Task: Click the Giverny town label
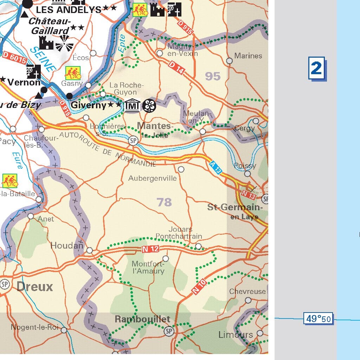coord(88,105)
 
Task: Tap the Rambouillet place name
coord(142,319)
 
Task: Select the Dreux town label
coord(35,287)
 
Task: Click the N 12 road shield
coord(151,249)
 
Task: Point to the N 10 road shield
coord(199,287)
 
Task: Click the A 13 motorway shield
coord(216,168)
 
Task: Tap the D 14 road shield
coord(176,67)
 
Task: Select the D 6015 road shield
coord(15,58)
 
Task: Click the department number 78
coord(164,202)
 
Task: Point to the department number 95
coord(213,76)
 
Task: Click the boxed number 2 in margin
coord(316,68)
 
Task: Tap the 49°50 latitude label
coord(319,319)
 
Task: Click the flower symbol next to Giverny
coord(149,105)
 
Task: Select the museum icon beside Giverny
coord(133,105)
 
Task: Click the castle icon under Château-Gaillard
coord(46,44)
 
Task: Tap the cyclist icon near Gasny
coord(73,73)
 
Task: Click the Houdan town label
coord(67,245)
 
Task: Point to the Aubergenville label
coord(152,178)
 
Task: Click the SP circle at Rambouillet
coord(169,331)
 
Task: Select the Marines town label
coord(248,56)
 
